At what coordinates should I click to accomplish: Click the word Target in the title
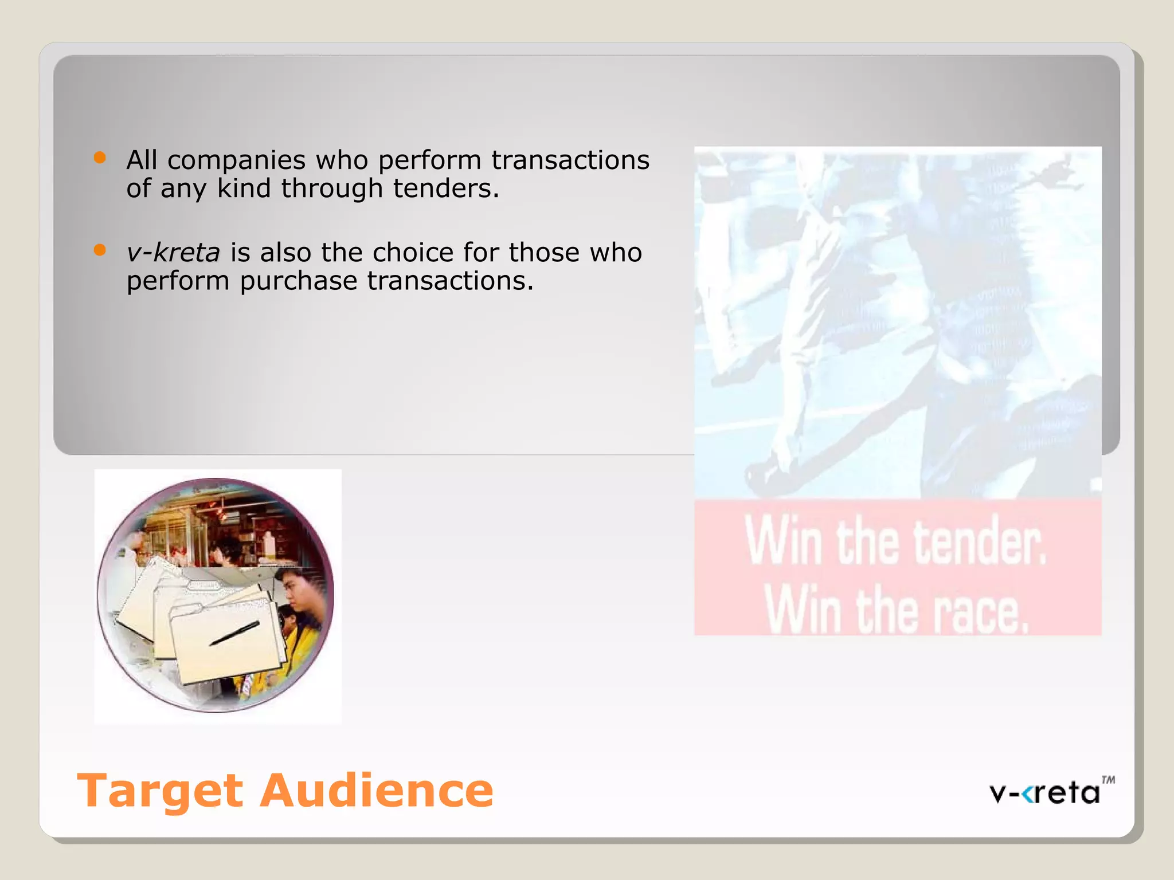click(x=161, y=792)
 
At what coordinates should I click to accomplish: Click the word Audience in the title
click(x=377, y=791)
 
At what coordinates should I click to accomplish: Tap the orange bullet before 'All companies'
click(x=100, y=158)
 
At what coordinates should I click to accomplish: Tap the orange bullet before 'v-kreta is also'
click(x=100, y=250)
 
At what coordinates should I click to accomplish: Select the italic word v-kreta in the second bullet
click(x=173, y=253)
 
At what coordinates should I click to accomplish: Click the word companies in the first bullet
click(x=236, y=160)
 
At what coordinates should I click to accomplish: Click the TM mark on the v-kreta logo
click(x=1108, y=780)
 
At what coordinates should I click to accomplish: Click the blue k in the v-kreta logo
click(x=1030, y=793)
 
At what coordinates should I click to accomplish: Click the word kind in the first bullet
click(x=243, y=188)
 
